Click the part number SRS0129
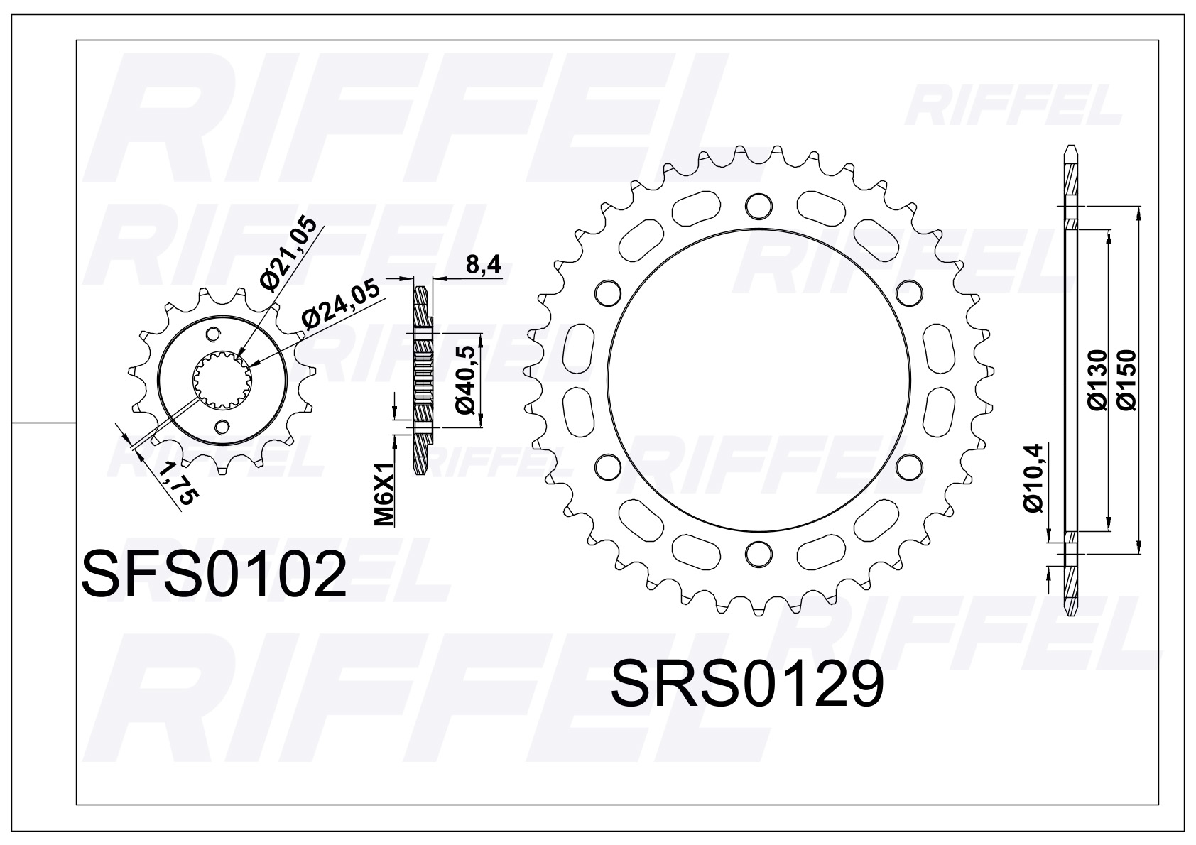pos(747,683)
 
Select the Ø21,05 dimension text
pos(288,259)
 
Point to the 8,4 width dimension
pos(483,266)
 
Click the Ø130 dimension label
pos(1097,380)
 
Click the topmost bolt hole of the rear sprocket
pos(759,205)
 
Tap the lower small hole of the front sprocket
pos(223,426)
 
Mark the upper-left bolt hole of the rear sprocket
pos(606,291)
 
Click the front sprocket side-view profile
pos(422,380)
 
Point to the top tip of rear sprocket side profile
pos(1070,151)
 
